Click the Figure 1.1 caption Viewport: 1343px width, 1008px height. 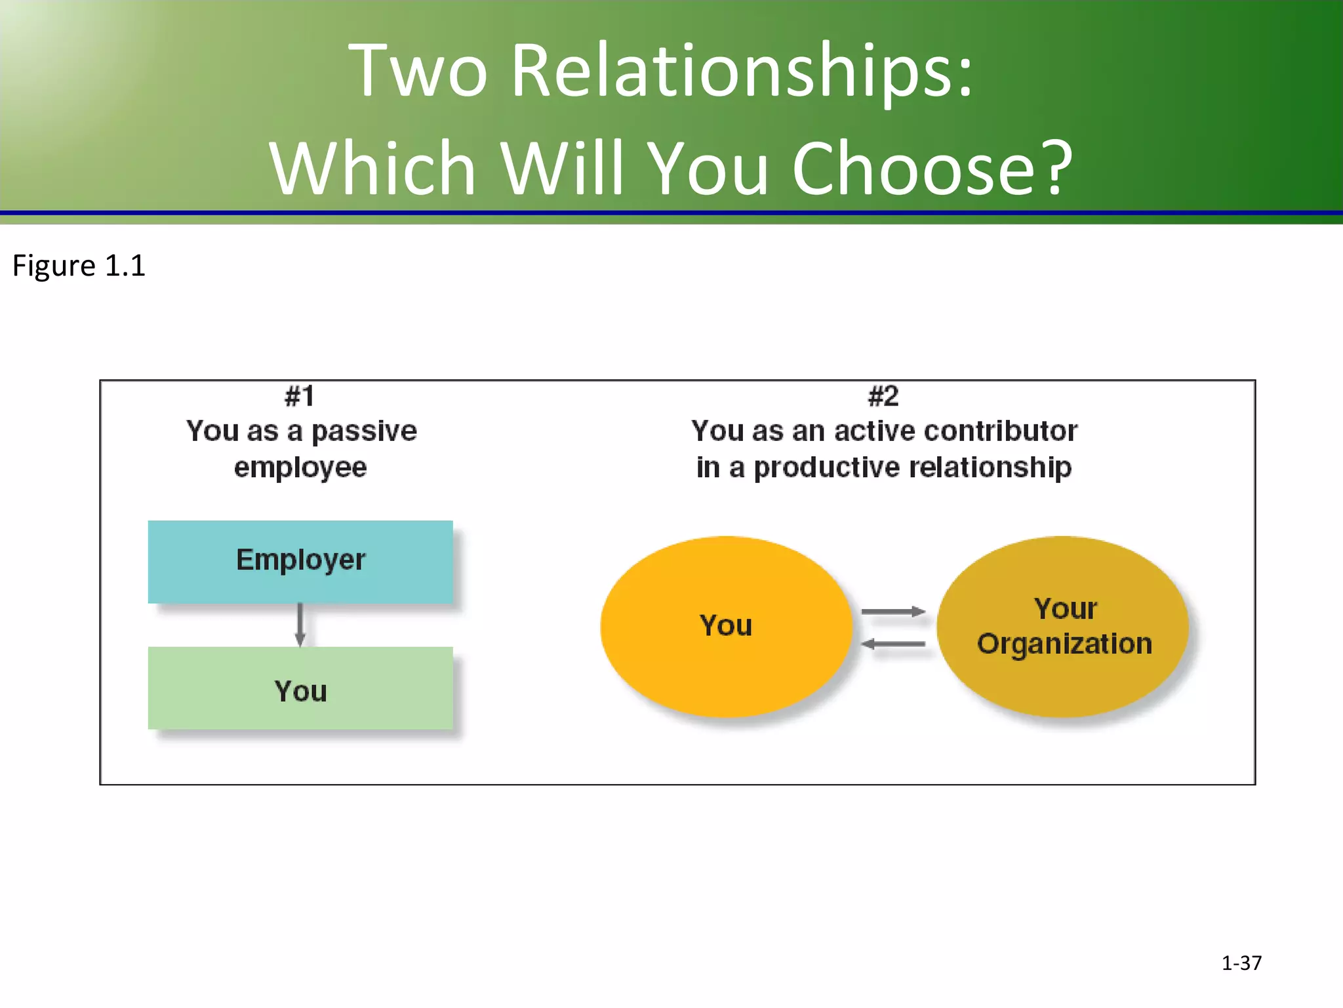point(79,266)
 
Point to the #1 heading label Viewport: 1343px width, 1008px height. point(300,396)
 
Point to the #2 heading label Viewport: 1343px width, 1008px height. point(883,396)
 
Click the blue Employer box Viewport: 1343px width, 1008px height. point(300,561)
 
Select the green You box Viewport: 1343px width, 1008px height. point(300,689)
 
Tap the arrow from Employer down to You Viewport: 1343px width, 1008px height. point(300,625)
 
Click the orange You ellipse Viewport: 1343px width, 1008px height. point(725,625)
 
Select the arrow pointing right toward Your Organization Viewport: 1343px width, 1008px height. point(892,612)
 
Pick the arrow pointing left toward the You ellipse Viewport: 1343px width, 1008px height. point(892,644)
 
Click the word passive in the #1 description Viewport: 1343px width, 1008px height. point(364,432)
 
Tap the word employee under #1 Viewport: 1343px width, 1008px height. point(300,468)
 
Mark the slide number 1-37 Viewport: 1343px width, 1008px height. point(1241,963)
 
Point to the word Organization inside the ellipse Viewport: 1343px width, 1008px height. point(1064,644)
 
